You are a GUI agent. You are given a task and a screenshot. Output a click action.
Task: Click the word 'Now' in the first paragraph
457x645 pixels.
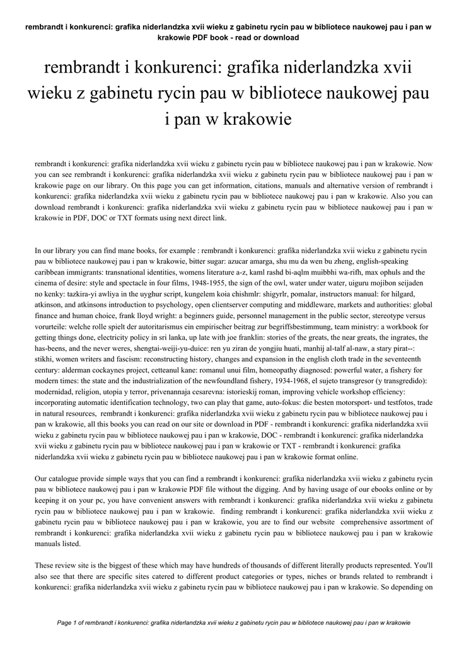coord(423,163)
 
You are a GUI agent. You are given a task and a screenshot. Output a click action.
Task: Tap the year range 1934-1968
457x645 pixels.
coord(308,381)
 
